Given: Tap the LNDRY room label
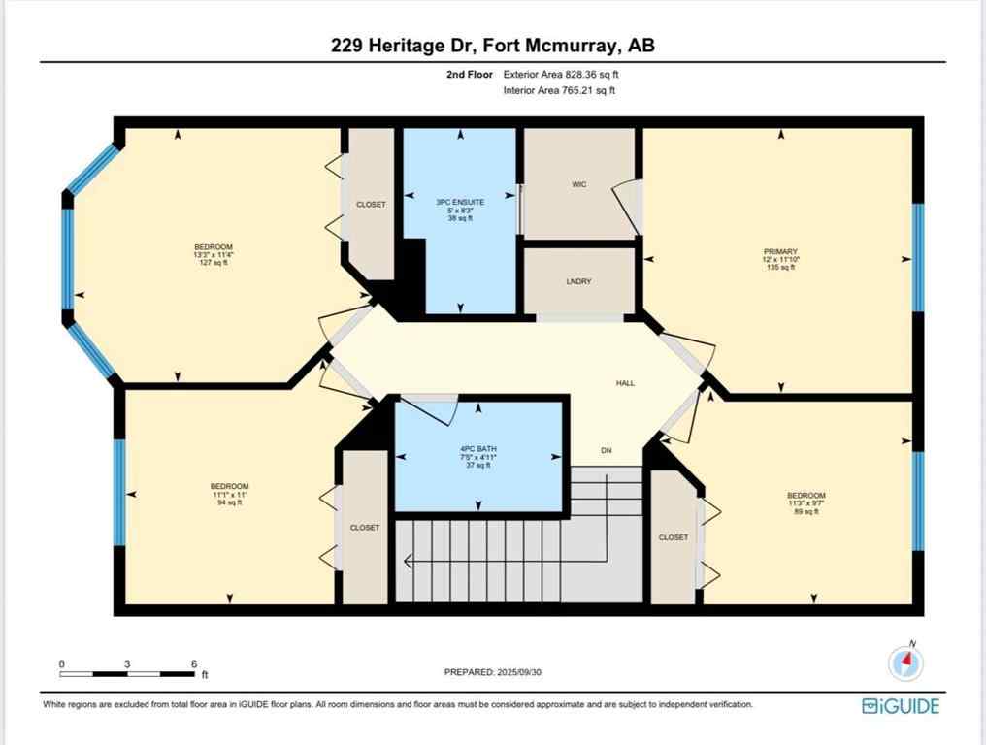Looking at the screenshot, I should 579,281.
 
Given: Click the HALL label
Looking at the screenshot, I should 625,383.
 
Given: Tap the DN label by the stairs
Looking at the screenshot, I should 607,450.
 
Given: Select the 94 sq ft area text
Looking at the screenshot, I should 230,502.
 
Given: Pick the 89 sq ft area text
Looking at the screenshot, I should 806,511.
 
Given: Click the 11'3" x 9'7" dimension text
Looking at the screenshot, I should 806,503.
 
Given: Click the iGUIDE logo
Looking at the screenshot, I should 901,706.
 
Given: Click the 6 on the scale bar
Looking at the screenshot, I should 193,664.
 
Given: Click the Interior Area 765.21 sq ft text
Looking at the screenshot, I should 559,90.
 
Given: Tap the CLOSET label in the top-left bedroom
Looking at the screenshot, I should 371,204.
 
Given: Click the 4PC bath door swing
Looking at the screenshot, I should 433,410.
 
